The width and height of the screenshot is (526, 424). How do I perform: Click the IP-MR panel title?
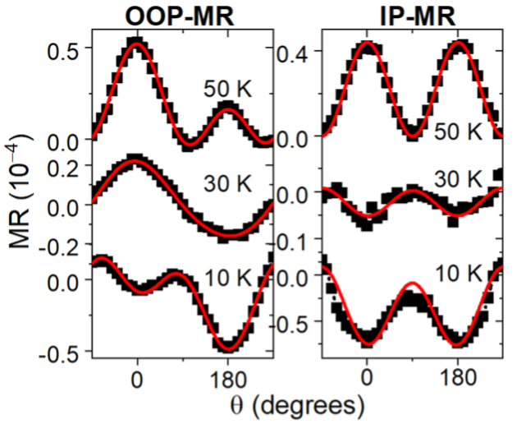pos(406,15)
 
